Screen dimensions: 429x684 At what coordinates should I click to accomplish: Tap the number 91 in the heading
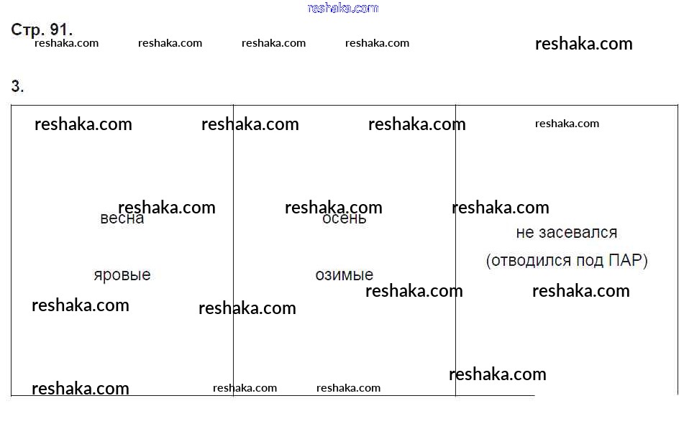[60, 29]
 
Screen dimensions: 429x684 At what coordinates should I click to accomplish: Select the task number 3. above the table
[17, 87]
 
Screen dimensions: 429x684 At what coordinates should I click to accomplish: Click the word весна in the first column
[122, 218]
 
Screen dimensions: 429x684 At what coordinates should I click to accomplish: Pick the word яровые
[122, 275]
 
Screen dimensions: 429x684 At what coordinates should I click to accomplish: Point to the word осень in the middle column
[345, 218]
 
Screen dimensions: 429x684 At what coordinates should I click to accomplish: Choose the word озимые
[345, 275]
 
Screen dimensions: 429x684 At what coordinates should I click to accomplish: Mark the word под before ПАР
[590, 260]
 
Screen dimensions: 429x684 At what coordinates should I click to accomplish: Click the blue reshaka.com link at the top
[342, 8]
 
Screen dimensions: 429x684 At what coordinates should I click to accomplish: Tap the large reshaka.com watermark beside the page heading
[583, 44]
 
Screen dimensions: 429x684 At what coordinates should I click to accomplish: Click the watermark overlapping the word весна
[167, 208]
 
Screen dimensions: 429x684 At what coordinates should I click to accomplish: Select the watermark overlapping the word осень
[334, 208]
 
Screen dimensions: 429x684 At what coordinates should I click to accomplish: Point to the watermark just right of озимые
[414, 291]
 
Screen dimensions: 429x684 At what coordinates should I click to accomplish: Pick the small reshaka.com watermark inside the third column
[567, 124]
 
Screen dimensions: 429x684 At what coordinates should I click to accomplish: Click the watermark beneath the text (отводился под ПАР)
[580, 291]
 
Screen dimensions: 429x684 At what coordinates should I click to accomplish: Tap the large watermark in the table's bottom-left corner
[81, 389]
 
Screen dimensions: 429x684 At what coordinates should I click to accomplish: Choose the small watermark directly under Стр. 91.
[66, 43]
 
